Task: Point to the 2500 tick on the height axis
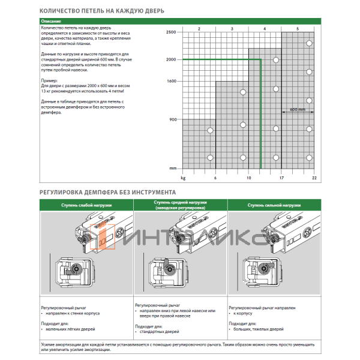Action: (171, 31)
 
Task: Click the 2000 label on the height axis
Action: (171, 59)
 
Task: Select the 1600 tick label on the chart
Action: (171, 80)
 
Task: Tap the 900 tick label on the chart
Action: (173, 119)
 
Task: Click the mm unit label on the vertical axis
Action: (173, 168)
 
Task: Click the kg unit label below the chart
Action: (183, 178)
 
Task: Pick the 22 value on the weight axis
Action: (314, 178)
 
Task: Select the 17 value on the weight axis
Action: (281, 178)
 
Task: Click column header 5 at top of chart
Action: (298, 28)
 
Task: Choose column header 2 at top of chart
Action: (199, 28)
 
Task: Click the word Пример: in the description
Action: (49, 79)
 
